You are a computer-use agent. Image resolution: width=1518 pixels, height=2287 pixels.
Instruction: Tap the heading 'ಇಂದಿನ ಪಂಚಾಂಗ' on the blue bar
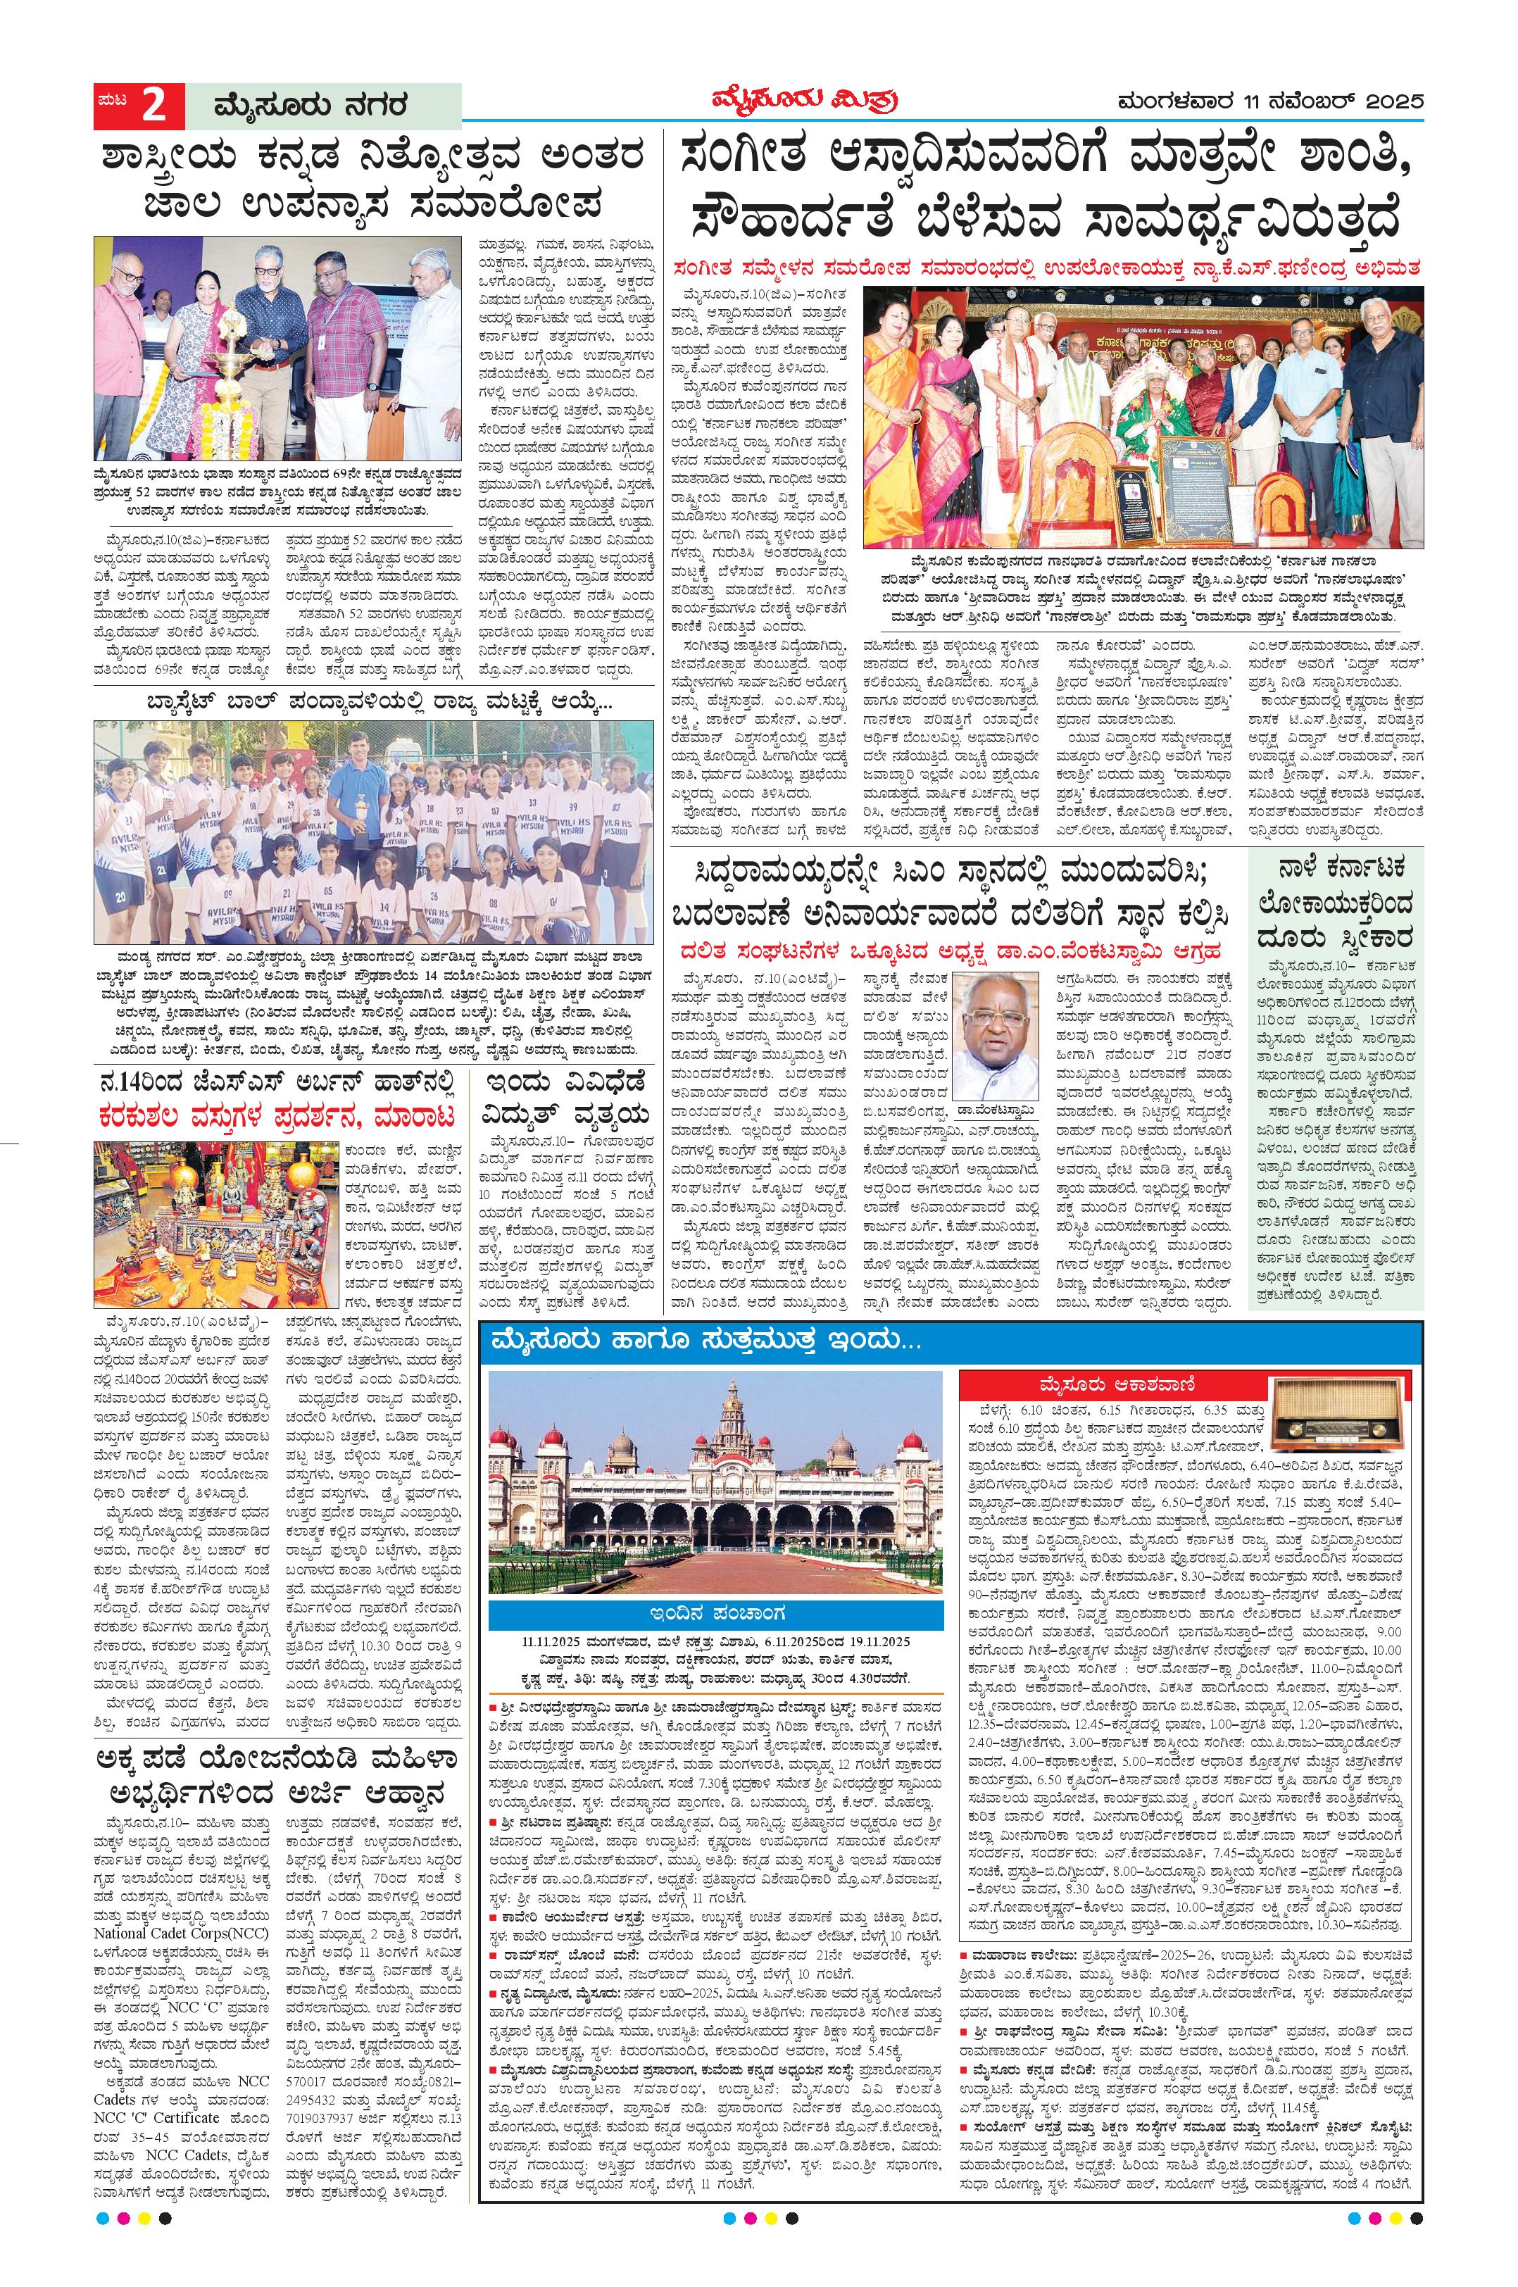[715, 1612]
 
